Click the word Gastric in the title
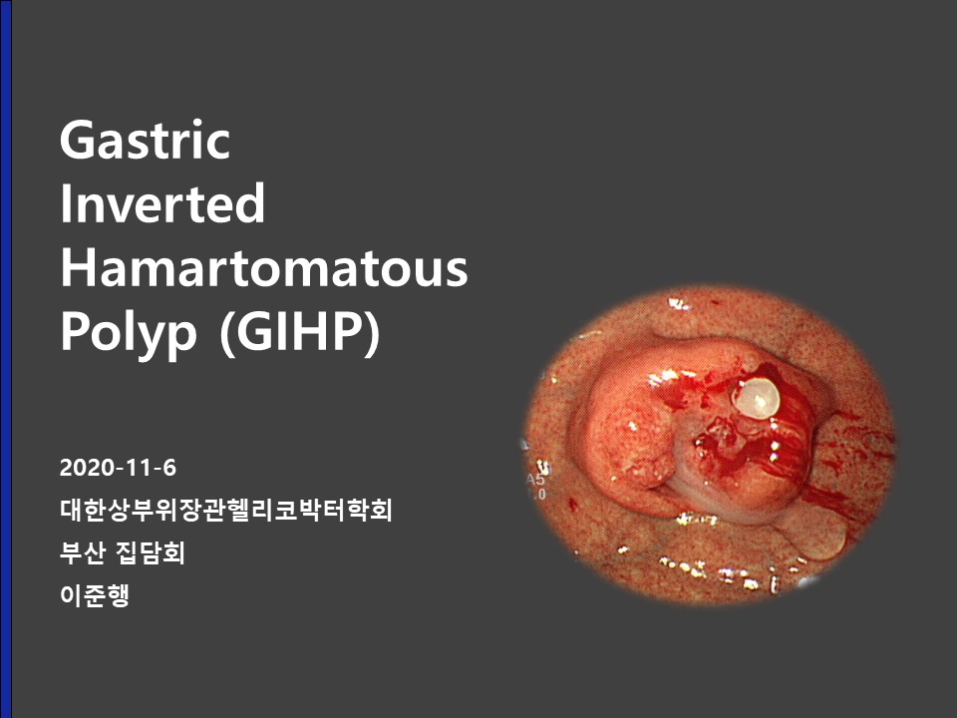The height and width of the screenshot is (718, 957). [x=145, y=140]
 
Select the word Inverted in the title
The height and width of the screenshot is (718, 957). [x=162, y=203]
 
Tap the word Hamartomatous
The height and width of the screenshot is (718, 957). [x=263, y=267]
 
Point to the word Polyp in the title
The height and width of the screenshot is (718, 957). [x=129, y=333]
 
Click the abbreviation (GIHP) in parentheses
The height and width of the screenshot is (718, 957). [x=300, y=333]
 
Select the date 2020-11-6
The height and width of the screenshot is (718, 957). [x=118, y=468]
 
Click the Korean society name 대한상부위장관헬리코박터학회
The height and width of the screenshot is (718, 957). [x=226, y=510]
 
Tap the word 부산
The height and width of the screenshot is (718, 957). [x=83, y=553]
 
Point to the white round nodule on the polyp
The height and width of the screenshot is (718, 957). [x=757, y=398]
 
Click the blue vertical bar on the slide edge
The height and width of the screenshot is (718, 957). [x=6, y=359]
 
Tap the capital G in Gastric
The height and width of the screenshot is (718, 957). [x=77, y=140]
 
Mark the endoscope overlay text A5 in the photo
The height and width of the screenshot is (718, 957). [x=535, y=480]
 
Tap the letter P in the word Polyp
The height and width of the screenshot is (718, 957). [x=75, y=330]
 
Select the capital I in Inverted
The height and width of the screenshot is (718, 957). [x=65, y=202]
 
